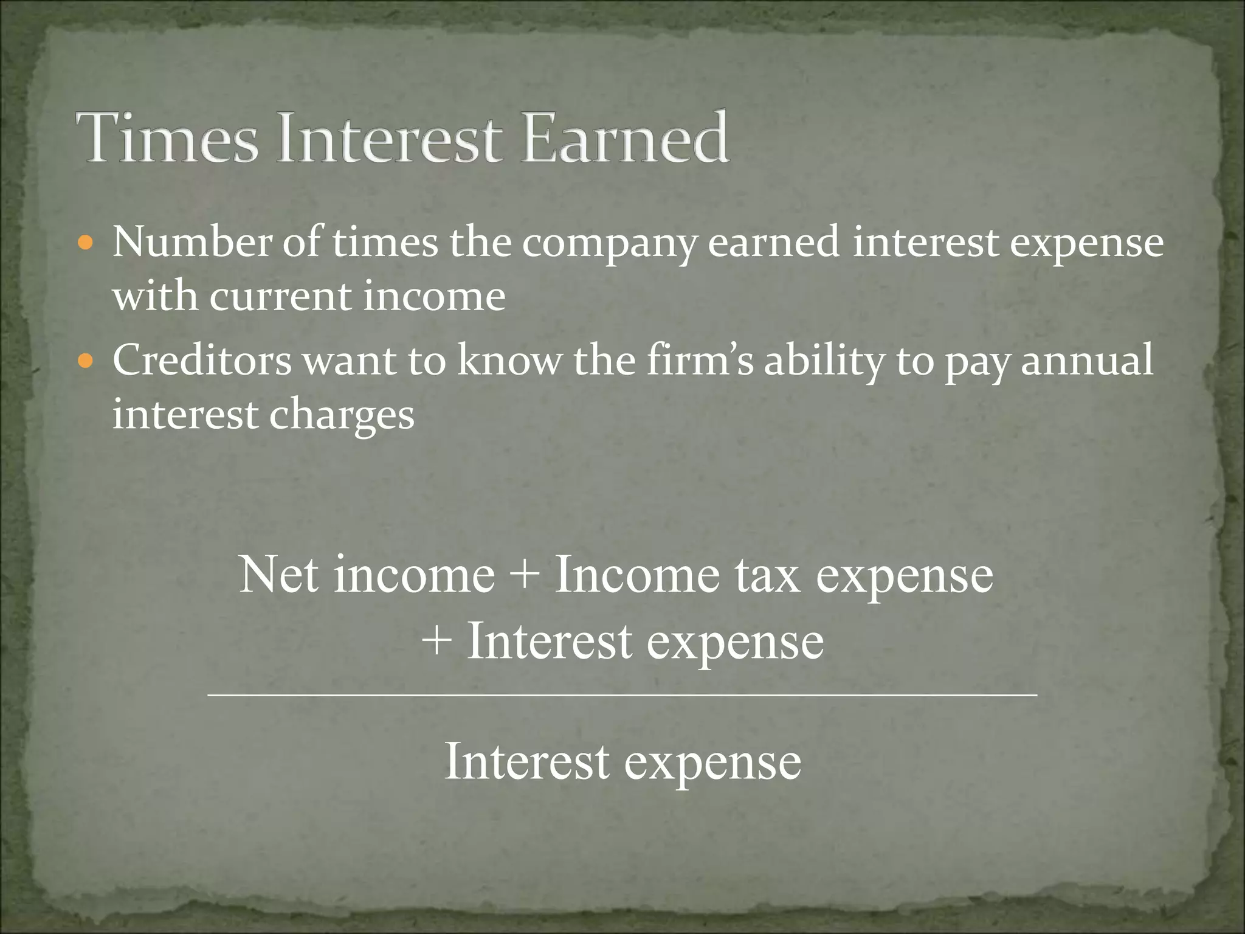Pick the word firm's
699,360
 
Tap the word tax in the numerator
767,575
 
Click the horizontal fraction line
622,694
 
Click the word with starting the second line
155,297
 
